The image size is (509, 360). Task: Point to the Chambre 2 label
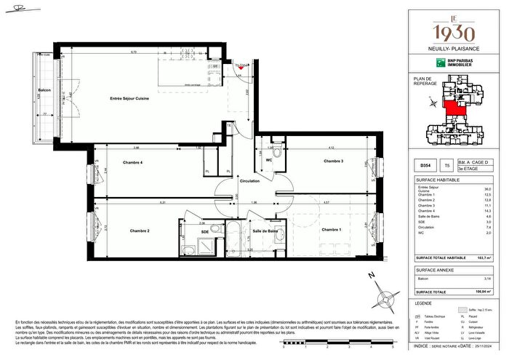point(140,231)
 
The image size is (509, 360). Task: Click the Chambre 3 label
point(333,161)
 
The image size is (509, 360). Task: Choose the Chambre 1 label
point(330,230)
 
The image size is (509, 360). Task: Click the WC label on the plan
point(268,160)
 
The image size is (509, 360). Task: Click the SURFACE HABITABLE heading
point(436,179)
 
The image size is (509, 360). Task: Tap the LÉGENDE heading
point(423,302)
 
